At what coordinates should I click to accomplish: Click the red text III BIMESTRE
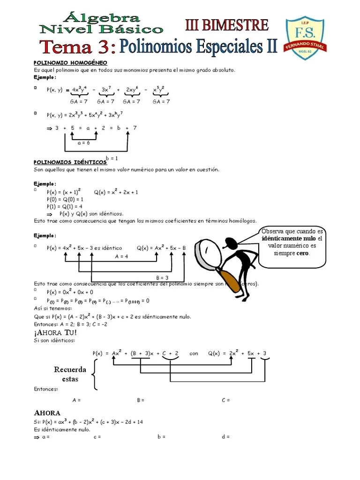click(227, 25)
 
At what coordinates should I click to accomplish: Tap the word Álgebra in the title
click(104, 18)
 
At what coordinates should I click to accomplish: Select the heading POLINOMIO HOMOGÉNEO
click(70, 62)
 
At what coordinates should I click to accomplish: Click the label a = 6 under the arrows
click(83, 143)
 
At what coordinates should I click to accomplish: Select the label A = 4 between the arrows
click(121, 256)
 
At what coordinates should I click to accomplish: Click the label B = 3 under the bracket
click(163, 277)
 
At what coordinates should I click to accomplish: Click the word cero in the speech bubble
click(302, 253)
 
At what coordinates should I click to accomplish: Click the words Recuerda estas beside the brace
click(70, 374)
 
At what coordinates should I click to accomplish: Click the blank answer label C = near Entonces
click(225, 400)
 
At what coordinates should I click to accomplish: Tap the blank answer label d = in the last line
click(225, 436)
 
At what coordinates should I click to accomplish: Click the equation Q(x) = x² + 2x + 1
click(116, 192)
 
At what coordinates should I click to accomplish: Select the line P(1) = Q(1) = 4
click(65, 206)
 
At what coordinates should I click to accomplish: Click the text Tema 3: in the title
click(77, 47)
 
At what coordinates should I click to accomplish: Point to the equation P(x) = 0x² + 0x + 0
click(70, 292)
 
